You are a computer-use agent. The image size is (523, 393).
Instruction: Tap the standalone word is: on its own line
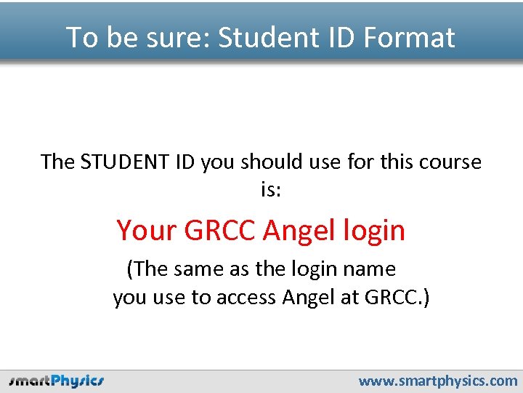[x=271, y=191]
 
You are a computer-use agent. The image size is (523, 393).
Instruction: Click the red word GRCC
[x=220, y=231]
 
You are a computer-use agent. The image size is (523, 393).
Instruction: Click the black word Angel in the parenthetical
[x=310, y=298]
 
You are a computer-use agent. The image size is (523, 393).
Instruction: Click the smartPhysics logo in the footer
[x=57, y=381]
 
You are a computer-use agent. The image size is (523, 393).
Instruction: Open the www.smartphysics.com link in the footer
[x=438, y=381]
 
